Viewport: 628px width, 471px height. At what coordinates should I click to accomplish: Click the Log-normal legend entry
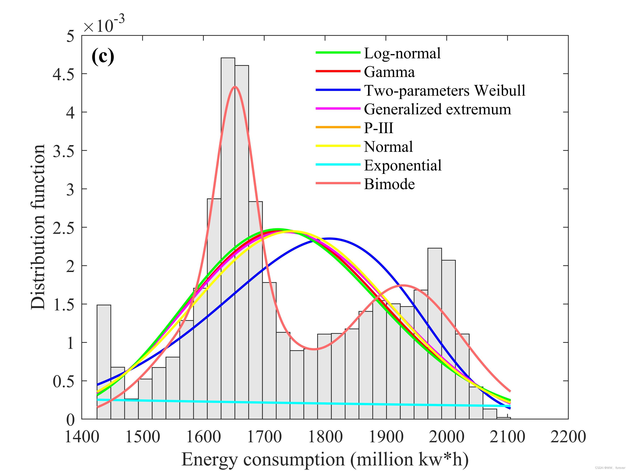(x=402, y=53)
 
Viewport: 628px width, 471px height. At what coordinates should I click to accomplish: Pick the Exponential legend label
(x=403, y=165)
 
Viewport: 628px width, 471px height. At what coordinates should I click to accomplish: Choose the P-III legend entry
(x=378, y=128)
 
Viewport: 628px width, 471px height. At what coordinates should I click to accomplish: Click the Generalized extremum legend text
(x=437, y=109)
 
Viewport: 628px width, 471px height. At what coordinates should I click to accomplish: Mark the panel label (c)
(x=103, y=57)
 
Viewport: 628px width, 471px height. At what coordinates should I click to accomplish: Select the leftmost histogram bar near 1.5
(x=104, y=360)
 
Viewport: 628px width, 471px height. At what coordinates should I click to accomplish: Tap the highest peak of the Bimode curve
(x=235, y=87)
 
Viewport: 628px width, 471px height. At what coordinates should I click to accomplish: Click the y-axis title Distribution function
(x=38, y=227)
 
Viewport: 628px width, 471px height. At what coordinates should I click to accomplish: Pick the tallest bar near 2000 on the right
(x=435, y=332)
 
